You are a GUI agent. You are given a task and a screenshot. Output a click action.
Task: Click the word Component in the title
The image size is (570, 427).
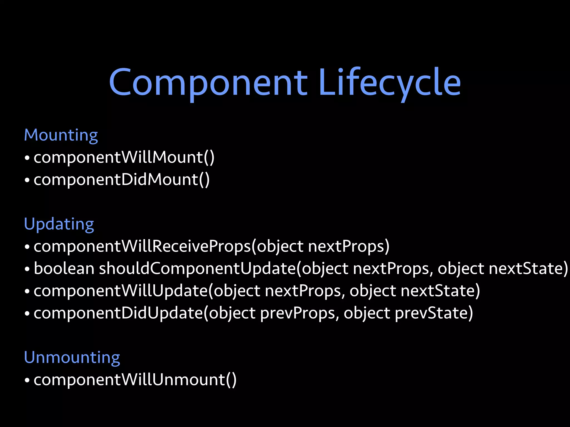(208, 83)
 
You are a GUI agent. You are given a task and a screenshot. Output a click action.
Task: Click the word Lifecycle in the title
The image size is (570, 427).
(390, 83)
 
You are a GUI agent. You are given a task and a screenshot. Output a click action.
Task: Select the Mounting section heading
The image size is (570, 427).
(61, 135)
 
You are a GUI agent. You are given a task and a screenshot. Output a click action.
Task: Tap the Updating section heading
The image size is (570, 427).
(59, 224)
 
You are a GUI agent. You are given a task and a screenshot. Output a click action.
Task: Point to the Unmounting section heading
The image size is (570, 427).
(72, 358)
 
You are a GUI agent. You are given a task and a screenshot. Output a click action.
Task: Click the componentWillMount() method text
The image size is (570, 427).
(124, 158)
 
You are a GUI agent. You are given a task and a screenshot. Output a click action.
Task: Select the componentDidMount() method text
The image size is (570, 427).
(122, 180)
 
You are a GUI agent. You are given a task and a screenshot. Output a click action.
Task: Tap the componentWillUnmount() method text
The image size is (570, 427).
(135, 380)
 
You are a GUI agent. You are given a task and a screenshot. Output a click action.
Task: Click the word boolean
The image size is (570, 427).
(64, 269)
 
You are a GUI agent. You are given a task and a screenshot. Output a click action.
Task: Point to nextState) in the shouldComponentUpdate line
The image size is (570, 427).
(528, 269)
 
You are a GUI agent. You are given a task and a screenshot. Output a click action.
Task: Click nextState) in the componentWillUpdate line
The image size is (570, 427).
(440, 291)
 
